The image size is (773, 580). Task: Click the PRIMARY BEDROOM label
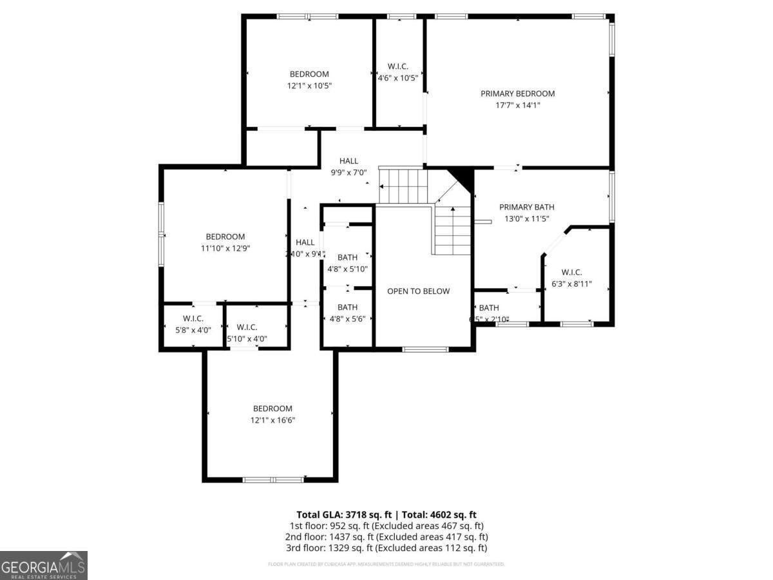click(x=517, y=93)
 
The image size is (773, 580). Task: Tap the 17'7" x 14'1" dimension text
click(x=517, y=105)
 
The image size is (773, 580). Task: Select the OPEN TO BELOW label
click(x=418, y=291)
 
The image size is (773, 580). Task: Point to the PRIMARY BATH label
click(x=526, y=207)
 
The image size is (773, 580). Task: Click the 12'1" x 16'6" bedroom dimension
click(x=272, y=420)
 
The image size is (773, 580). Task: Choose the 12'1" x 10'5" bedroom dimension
click(x=309, y=86)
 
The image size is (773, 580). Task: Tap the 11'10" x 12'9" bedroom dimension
click(x=225, y=248)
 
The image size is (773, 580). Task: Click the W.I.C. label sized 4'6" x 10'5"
click(x=397, y=66)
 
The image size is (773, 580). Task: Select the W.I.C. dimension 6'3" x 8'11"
click(x=571, y=284)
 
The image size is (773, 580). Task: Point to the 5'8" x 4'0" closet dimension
click(x=193, y=330)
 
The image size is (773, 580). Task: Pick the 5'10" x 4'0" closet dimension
click(x=247, y=339)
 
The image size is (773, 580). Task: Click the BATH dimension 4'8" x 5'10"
click(x=347, y=269)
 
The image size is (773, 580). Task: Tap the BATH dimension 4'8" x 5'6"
click(x=347, y=318)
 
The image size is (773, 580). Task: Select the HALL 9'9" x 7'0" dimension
click(x=348, y=173)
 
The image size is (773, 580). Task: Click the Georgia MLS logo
click(x=44, y=565)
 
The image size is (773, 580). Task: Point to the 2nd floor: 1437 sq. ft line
click(x=386, y=537)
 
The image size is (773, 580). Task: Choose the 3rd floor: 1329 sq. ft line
click(x=386, y=548)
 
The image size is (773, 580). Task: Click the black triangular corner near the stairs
click(x=463, y=175)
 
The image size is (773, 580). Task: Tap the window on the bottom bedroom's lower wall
click(x=272, y=479)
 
